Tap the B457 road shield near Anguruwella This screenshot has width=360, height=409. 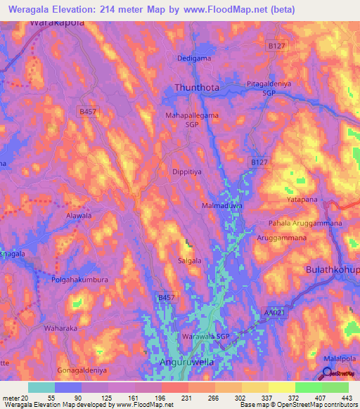coord(165,298)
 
